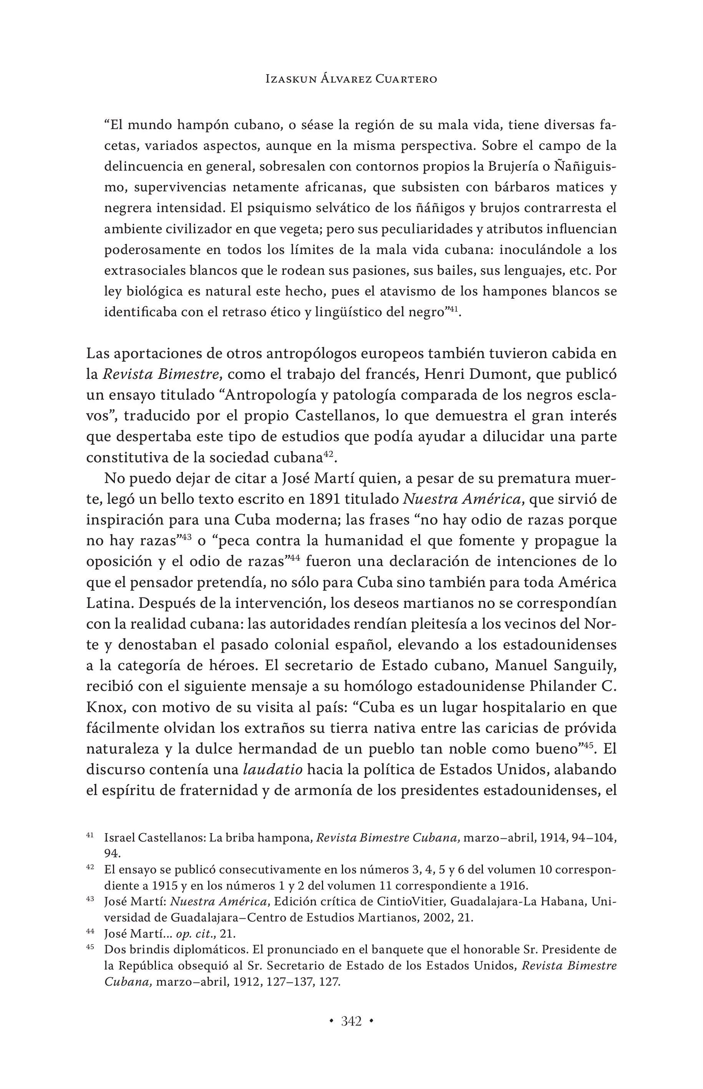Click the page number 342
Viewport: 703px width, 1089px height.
(351, 1021)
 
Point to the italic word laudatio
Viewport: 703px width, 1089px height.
(272, 770)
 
